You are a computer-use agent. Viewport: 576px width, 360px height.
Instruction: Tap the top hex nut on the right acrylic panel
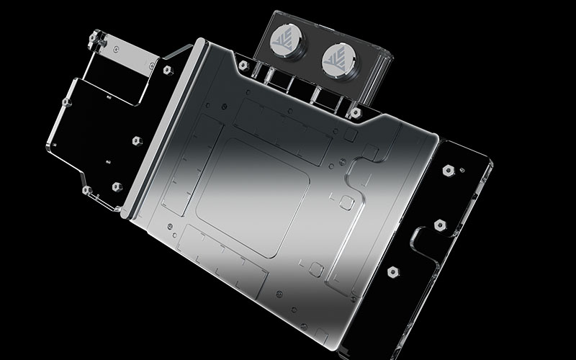(x=448, y=171)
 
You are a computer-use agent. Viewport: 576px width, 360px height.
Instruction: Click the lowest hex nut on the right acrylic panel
(x=393, y=272)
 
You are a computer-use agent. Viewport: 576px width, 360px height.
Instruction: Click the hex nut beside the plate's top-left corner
(x=167, y=71)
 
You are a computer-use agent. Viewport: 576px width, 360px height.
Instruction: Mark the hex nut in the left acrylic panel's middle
(x=137, y=140)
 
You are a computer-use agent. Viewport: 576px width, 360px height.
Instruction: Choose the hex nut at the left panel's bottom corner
(x=87, y=191)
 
